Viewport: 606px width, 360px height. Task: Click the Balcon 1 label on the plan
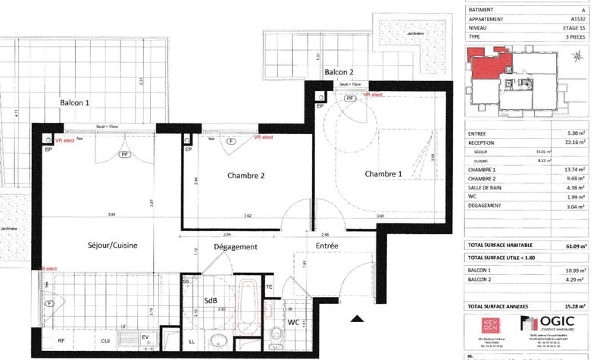pos(76,102)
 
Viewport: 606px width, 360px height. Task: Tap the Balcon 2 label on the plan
pos(339,72)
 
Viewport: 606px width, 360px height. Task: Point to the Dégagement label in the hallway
pos(236,246)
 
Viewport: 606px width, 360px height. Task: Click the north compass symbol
pos(578,55)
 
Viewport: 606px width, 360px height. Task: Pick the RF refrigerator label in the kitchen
pos(61,341)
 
